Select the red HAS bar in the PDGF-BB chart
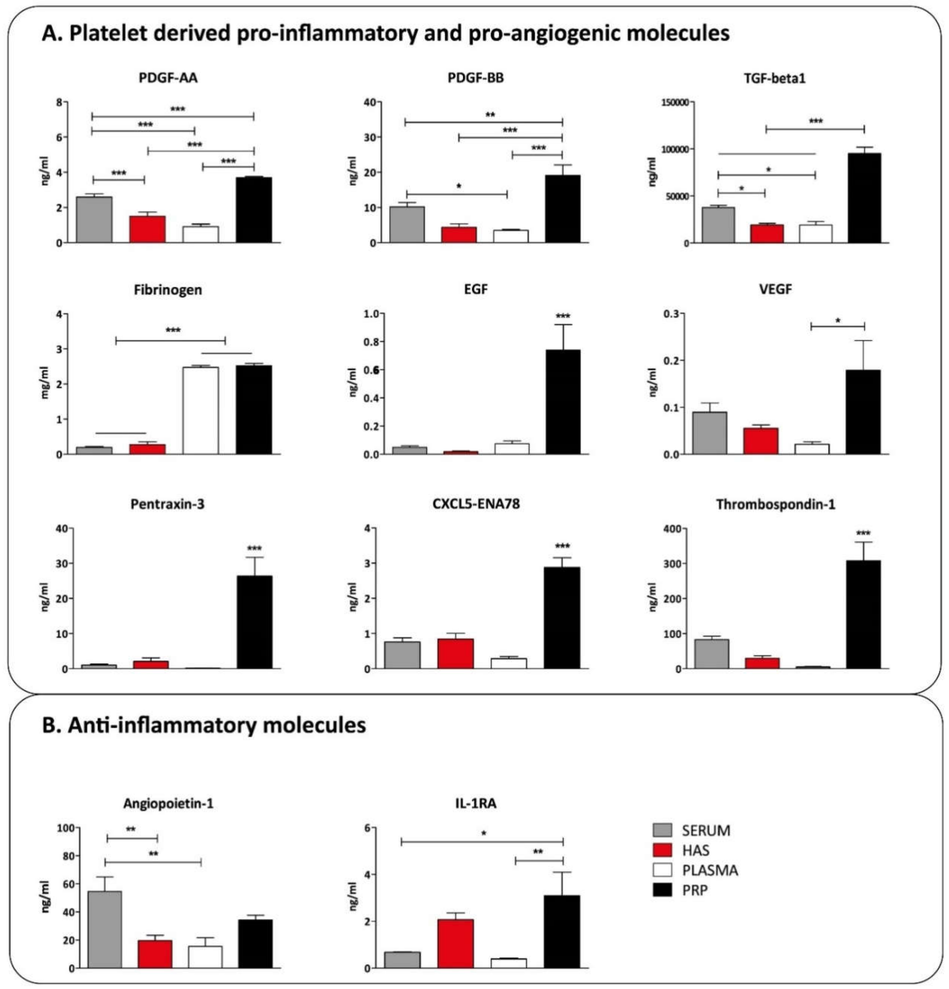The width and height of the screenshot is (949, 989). click(459, 235)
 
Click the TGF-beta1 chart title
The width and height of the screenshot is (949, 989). click(775, 79)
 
